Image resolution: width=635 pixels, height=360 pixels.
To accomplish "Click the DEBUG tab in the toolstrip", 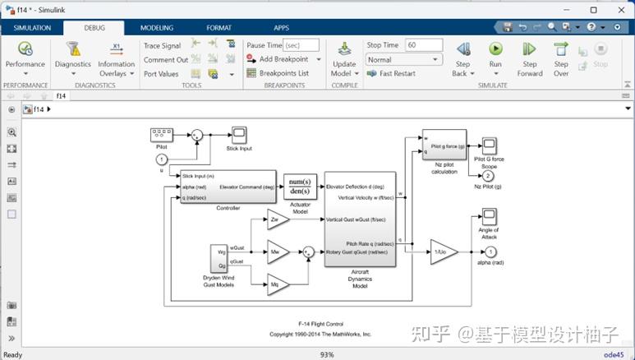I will (93, 28).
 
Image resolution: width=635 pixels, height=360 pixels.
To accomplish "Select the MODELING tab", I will (156, 28).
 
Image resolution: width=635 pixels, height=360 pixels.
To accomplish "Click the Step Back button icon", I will (462, 49).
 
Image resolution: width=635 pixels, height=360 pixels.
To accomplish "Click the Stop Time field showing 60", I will (424, 45).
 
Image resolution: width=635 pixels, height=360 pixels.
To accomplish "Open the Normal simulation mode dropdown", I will (403, 59).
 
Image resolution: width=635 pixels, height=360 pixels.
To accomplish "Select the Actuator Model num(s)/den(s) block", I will (300, 187).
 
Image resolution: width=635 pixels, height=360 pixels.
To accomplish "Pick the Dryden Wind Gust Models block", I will (219, 258).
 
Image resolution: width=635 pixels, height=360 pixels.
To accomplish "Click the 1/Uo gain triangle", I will (442, 252).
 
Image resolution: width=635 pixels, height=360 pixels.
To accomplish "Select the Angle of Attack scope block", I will (490, 216).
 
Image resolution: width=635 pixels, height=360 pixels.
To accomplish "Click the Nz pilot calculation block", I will (444, 145).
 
